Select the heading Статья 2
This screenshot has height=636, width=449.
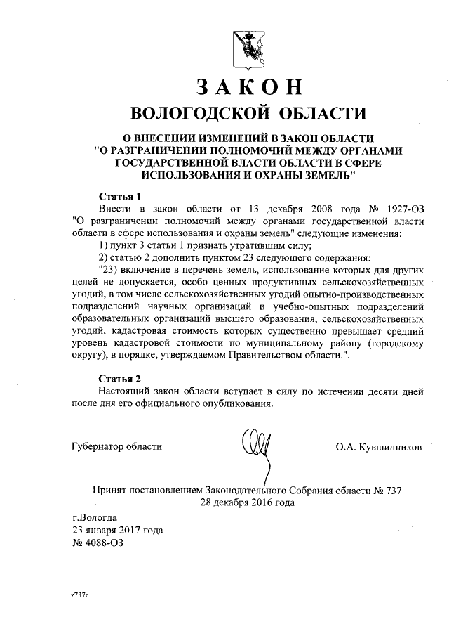pos(120,378)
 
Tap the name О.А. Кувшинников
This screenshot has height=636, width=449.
pos(380,446)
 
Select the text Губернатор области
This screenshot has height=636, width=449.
pos(117,446)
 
